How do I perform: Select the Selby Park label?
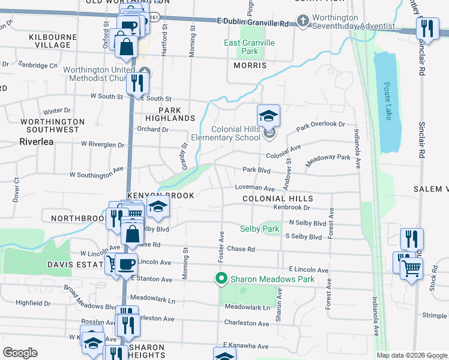pos(260,229)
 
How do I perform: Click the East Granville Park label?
pos(249,47)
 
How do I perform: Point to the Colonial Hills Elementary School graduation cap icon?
pos(269,115)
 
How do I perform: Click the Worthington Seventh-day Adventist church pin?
pos(303,22)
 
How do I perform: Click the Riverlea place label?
pos(37,142)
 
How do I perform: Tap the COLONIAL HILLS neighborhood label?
pos(277,199)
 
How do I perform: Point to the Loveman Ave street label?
pos(255,188)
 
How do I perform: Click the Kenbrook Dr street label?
pos(291,208)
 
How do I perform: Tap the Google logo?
pos(20,353)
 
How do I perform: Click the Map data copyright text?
pos(411,355)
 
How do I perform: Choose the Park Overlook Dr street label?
pos(321,126)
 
